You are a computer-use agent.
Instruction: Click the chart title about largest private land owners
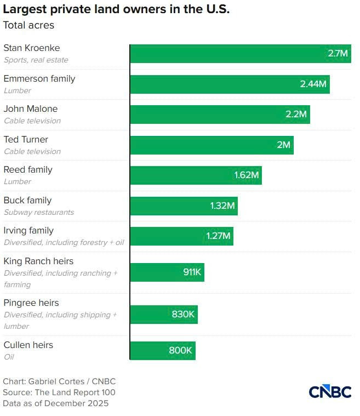(x=116, y=9)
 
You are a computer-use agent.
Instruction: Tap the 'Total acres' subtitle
(x=28, y=25)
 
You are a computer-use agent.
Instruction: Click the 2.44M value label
(x=313, y=84)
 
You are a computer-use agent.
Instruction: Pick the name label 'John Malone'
(x=31, y=109)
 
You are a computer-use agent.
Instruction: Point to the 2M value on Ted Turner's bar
(x=283, y=145)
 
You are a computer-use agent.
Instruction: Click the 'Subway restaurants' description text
(x=39, y=212)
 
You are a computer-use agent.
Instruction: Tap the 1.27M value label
(x=219, y=236)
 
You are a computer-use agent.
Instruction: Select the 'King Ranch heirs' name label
(x=38, y=261)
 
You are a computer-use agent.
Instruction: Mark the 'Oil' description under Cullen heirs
(x=9, y=357)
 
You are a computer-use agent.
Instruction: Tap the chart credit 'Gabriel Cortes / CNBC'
(x=59, y=381)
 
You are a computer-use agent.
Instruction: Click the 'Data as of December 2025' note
(x=56, y=403)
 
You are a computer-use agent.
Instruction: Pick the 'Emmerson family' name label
(x=39, y=78)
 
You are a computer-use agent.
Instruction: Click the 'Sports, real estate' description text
(x=36, y=60)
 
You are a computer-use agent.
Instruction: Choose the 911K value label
(x=192, y=272)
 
